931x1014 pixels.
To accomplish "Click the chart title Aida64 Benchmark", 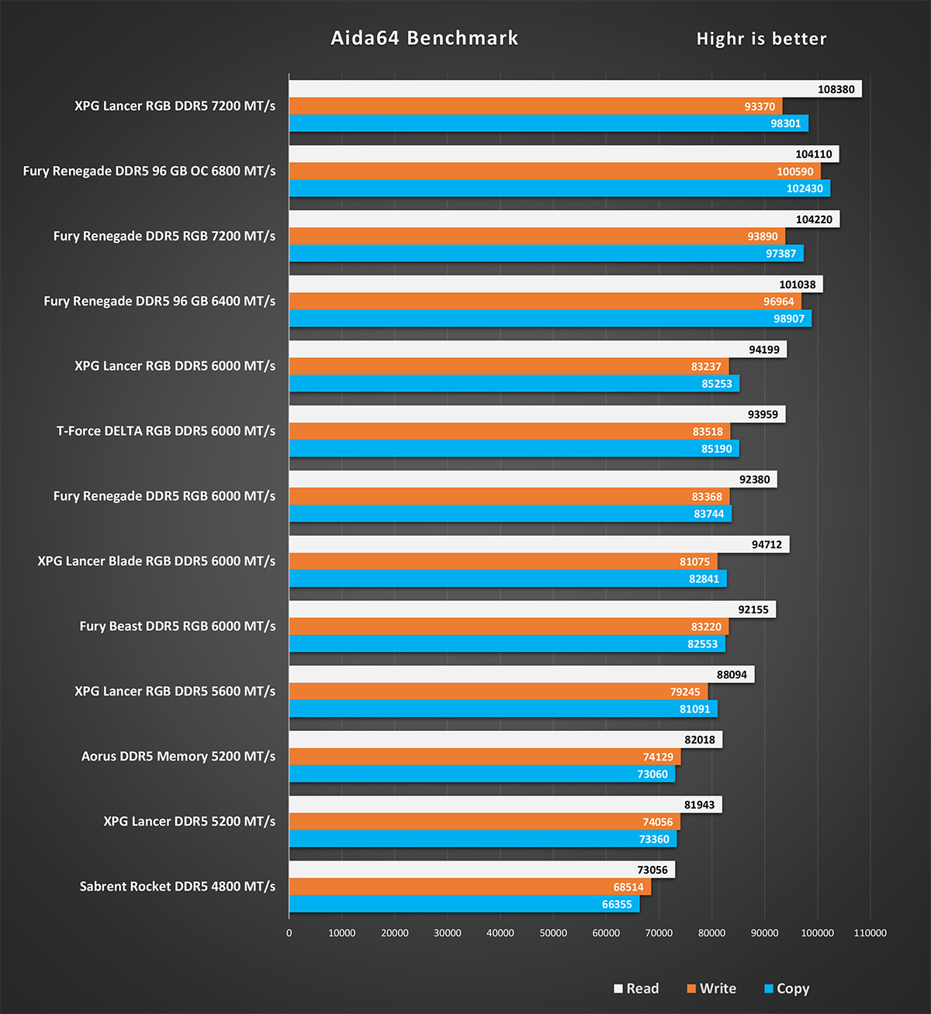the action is click(424, 38).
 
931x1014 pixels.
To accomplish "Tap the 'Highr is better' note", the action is click(761, 39).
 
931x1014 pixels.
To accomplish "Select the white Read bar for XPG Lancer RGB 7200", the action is click(576, 89).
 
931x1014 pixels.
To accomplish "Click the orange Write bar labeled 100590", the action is click(555, 171).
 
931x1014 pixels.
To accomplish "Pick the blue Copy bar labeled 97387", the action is click(546, 253).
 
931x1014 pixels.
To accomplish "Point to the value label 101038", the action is click(797, 285).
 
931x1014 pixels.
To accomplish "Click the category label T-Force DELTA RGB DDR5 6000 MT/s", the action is click(166, 431).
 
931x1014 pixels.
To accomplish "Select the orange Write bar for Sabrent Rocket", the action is click(470, 887).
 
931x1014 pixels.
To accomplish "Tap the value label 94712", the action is click(767, 544).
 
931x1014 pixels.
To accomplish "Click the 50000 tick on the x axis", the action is click(553, 933).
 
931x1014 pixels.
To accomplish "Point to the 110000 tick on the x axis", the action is click(870, 933).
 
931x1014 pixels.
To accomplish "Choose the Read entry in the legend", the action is click(636, 988).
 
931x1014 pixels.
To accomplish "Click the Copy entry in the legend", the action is click(787, 988).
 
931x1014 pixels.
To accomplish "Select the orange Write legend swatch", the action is click(691, 988).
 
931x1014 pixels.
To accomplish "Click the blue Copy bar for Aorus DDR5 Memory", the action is click(483, 774).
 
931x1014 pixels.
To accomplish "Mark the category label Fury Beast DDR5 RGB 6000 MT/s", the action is click(178, 626).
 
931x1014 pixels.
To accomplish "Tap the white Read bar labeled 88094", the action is click(521, 674).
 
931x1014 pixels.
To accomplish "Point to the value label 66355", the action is click(617, 905).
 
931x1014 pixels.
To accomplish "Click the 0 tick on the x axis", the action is click(289, 933).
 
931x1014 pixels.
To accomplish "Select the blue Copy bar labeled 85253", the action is click(514, 384).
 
